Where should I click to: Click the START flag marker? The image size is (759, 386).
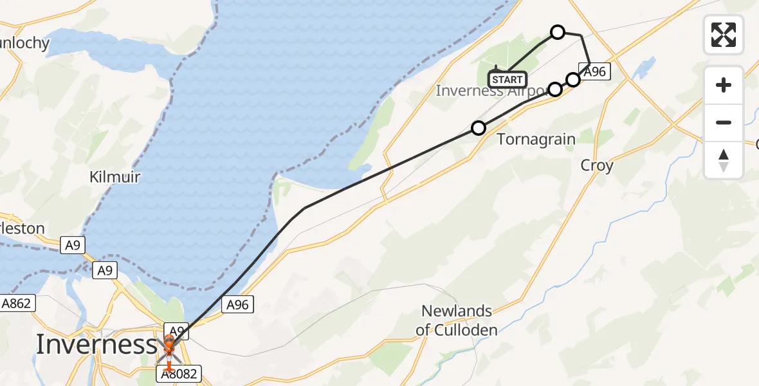(508, 80)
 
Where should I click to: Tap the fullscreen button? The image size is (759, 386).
(724, 34)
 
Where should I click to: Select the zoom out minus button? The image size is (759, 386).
(724, 122)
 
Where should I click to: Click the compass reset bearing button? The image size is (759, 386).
(724, 160)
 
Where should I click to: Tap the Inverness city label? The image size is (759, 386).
(96, 344)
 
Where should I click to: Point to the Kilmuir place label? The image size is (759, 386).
(115, 177)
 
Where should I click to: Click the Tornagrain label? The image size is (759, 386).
(536, 139)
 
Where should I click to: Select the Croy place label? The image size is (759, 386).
(596, 165)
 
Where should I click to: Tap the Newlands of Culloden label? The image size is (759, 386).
(457, 320)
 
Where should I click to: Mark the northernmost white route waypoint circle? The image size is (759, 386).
(558, 32)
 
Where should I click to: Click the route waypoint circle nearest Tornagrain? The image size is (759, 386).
(478, 128)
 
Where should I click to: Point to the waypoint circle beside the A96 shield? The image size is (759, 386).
(573, 80)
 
